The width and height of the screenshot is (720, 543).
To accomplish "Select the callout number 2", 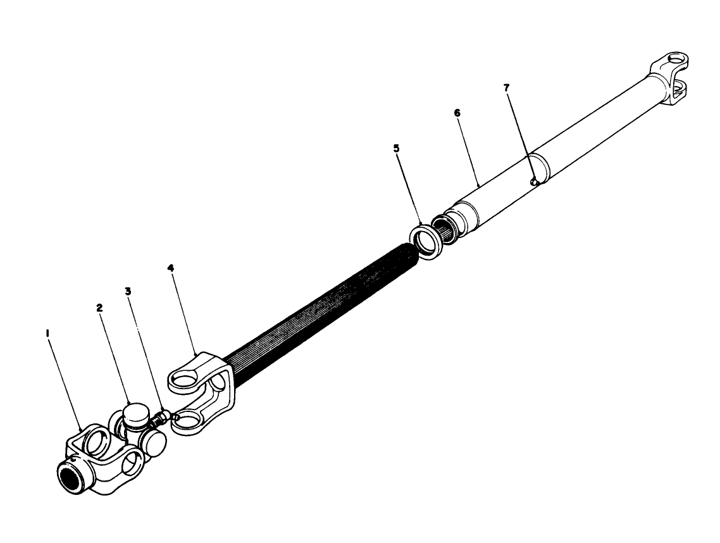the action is point(99,308).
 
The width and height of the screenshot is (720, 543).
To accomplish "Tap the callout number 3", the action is point(128,292).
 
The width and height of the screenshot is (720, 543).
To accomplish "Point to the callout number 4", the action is point(170,268).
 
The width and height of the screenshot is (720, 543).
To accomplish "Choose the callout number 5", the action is point(397,149).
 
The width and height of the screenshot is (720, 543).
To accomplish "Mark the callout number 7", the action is point(506,87).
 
